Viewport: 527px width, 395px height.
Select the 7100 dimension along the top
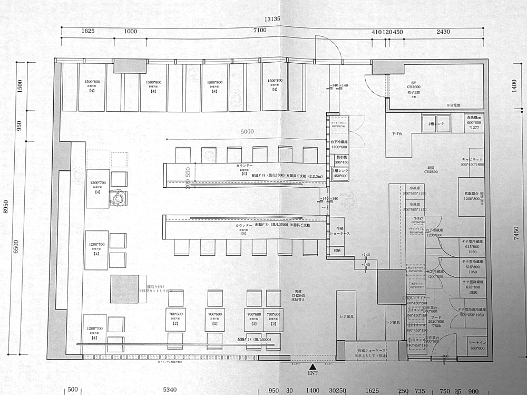click(260, 31)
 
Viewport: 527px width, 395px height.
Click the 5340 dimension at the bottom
click(169, 390)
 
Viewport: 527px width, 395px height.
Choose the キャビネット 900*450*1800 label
click(471, 161)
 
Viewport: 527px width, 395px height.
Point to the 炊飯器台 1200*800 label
click(471, 196)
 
